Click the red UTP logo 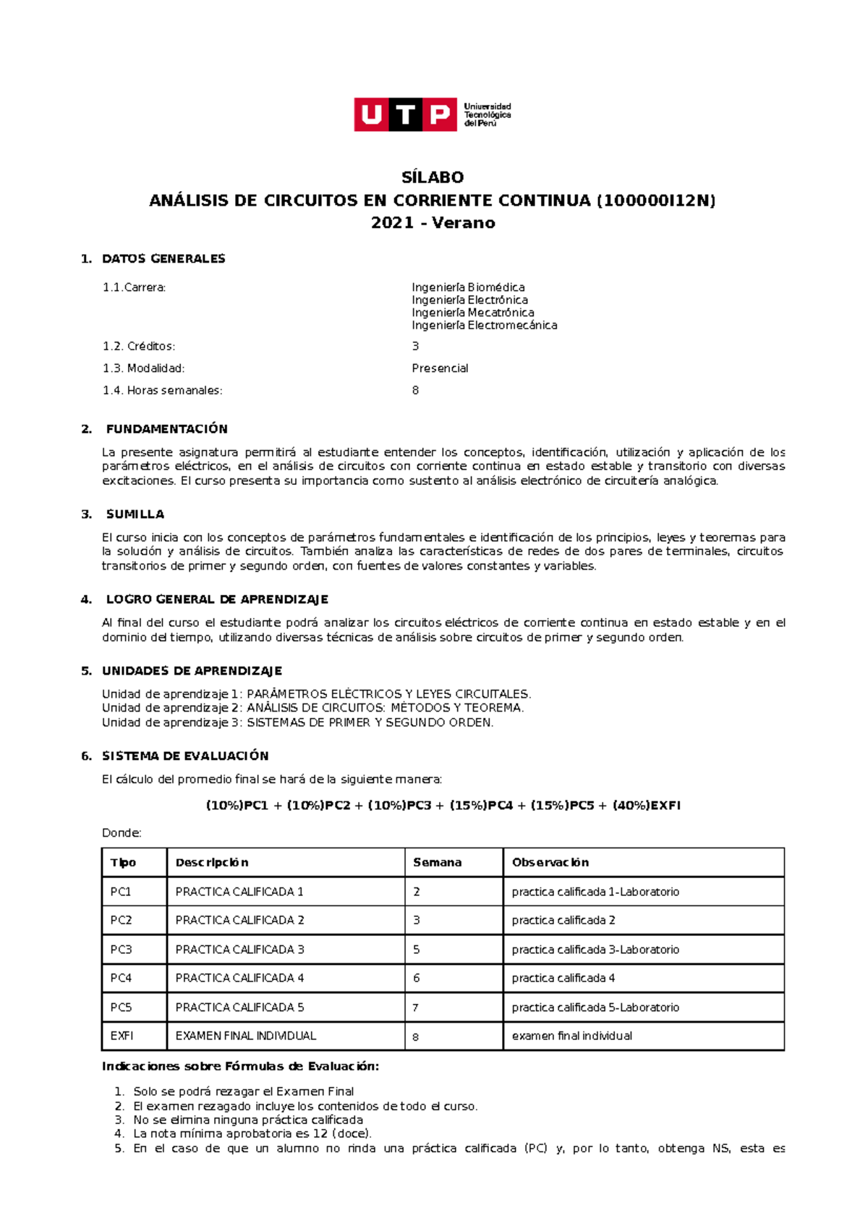click(x=405, y=114)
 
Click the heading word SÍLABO click(x=433, y=177)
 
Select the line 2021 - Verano click(x=433, y=223)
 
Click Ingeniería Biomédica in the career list click(x=468, y=287)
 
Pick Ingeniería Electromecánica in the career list click(x=484, y=326)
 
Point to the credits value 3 click(x=415, y=346)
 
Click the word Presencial click(x=440, y=368)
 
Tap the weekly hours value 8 click(x=415, y=390)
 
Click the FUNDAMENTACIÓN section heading click(x=166, y=429)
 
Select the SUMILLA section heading click(x=135, y=515)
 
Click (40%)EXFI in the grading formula click(x=646, y=806)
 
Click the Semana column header click(x=437, y=863)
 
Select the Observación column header click(x=550, y=863)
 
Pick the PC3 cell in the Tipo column click(x=121, y=950)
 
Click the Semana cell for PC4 click(x=417, y=979)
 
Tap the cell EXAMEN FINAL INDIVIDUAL click(x=245, y=1036)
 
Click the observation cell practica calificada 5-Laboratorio click(x=595, y=1008)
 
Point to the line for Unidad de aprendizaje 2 click(x=312, y=708)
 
